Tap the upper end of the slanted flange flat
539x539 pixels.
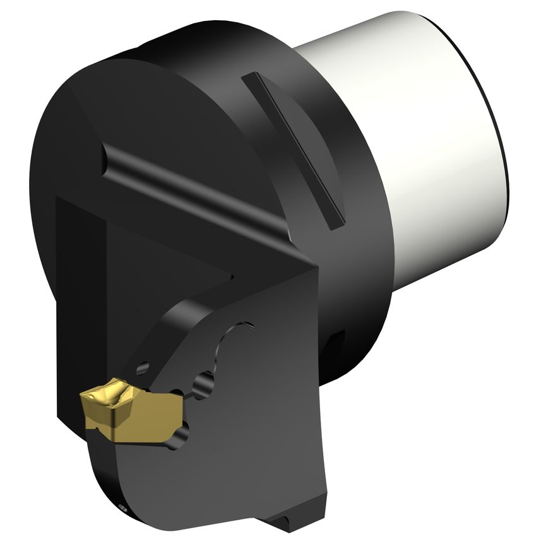250,78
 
